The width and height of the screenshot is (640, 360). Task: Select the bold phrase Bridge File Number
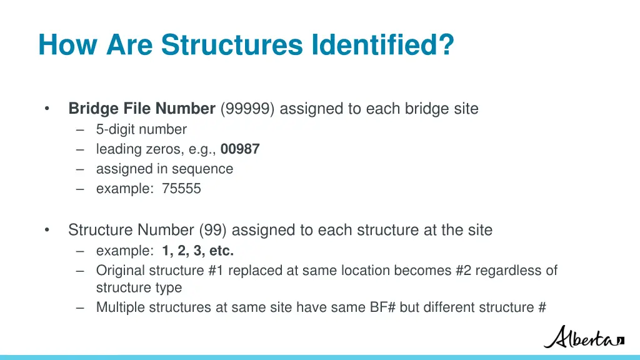pos(142,109)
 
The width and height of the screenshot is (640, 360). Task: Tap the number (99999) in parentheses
pos(247,109)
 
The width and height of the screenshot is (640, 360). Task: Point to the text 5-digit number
pos(141,129)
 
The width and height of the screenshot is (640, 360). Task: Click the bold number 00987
pos(240,149)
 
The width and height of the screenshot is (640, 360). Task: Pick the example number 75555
pos(181,189)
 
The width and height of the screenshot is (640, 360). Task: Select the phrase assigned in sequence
pos(164,169)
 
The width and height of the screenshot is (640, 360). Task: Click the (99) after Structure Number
pos(214,230)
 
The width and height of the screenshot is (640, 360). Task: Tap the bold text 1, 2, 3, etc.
pos(198,251)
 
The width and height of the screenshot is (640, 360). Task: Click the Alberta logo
pos(583,337)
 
